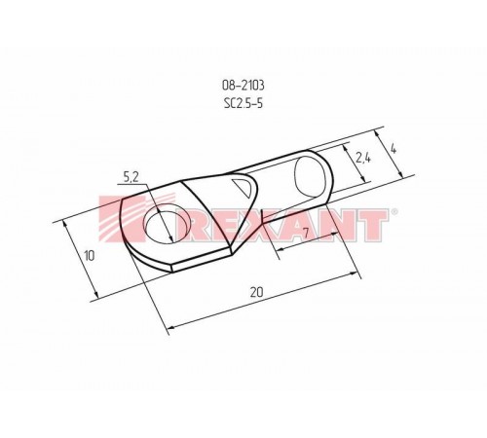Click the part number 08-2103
point(244,84)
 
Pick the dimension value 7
point(306,234)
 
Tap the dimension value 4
point(394,150)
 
